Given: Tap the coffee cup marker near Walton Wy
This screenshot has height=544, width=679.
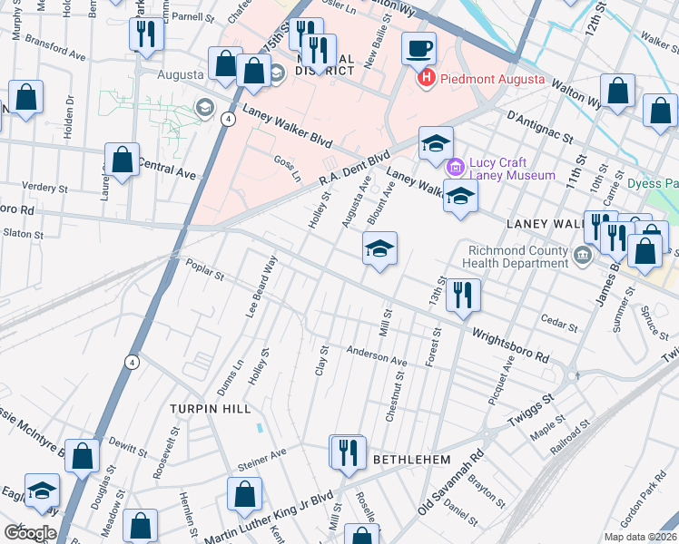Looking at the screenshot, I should tap(418, 49).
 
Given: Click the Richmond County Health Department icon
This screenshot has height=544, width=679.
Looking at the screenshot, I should tap(582, 257).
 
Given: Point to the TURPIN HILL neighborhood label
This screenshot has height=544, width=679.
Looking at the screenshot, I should tap(211, 409).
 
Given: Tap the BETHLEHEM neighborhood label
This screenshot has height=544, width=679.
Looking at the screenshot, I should tap(412, 460).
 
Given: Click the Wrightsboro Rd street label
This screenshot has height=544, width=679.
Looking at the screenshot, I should tap(509, 345).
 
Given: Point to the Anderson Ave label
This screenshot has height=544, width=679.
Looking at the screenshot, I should tap(376, 356).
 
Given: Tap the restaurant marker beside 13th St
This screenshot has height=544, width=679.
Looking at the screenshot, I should tap(464, 295).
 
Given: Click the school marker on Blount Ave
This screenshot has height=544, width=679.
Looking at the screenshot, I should tap(379, 248).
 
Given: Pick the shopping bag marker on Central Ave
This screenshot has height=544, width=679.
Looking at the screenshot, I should tap(122, 160).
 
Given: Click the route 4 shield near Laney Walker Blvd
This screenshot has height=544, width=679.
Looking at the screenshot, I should tap(228, 119).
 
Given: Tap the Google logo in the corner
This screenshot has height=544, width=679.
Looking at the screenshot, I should tap(29, 532).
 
